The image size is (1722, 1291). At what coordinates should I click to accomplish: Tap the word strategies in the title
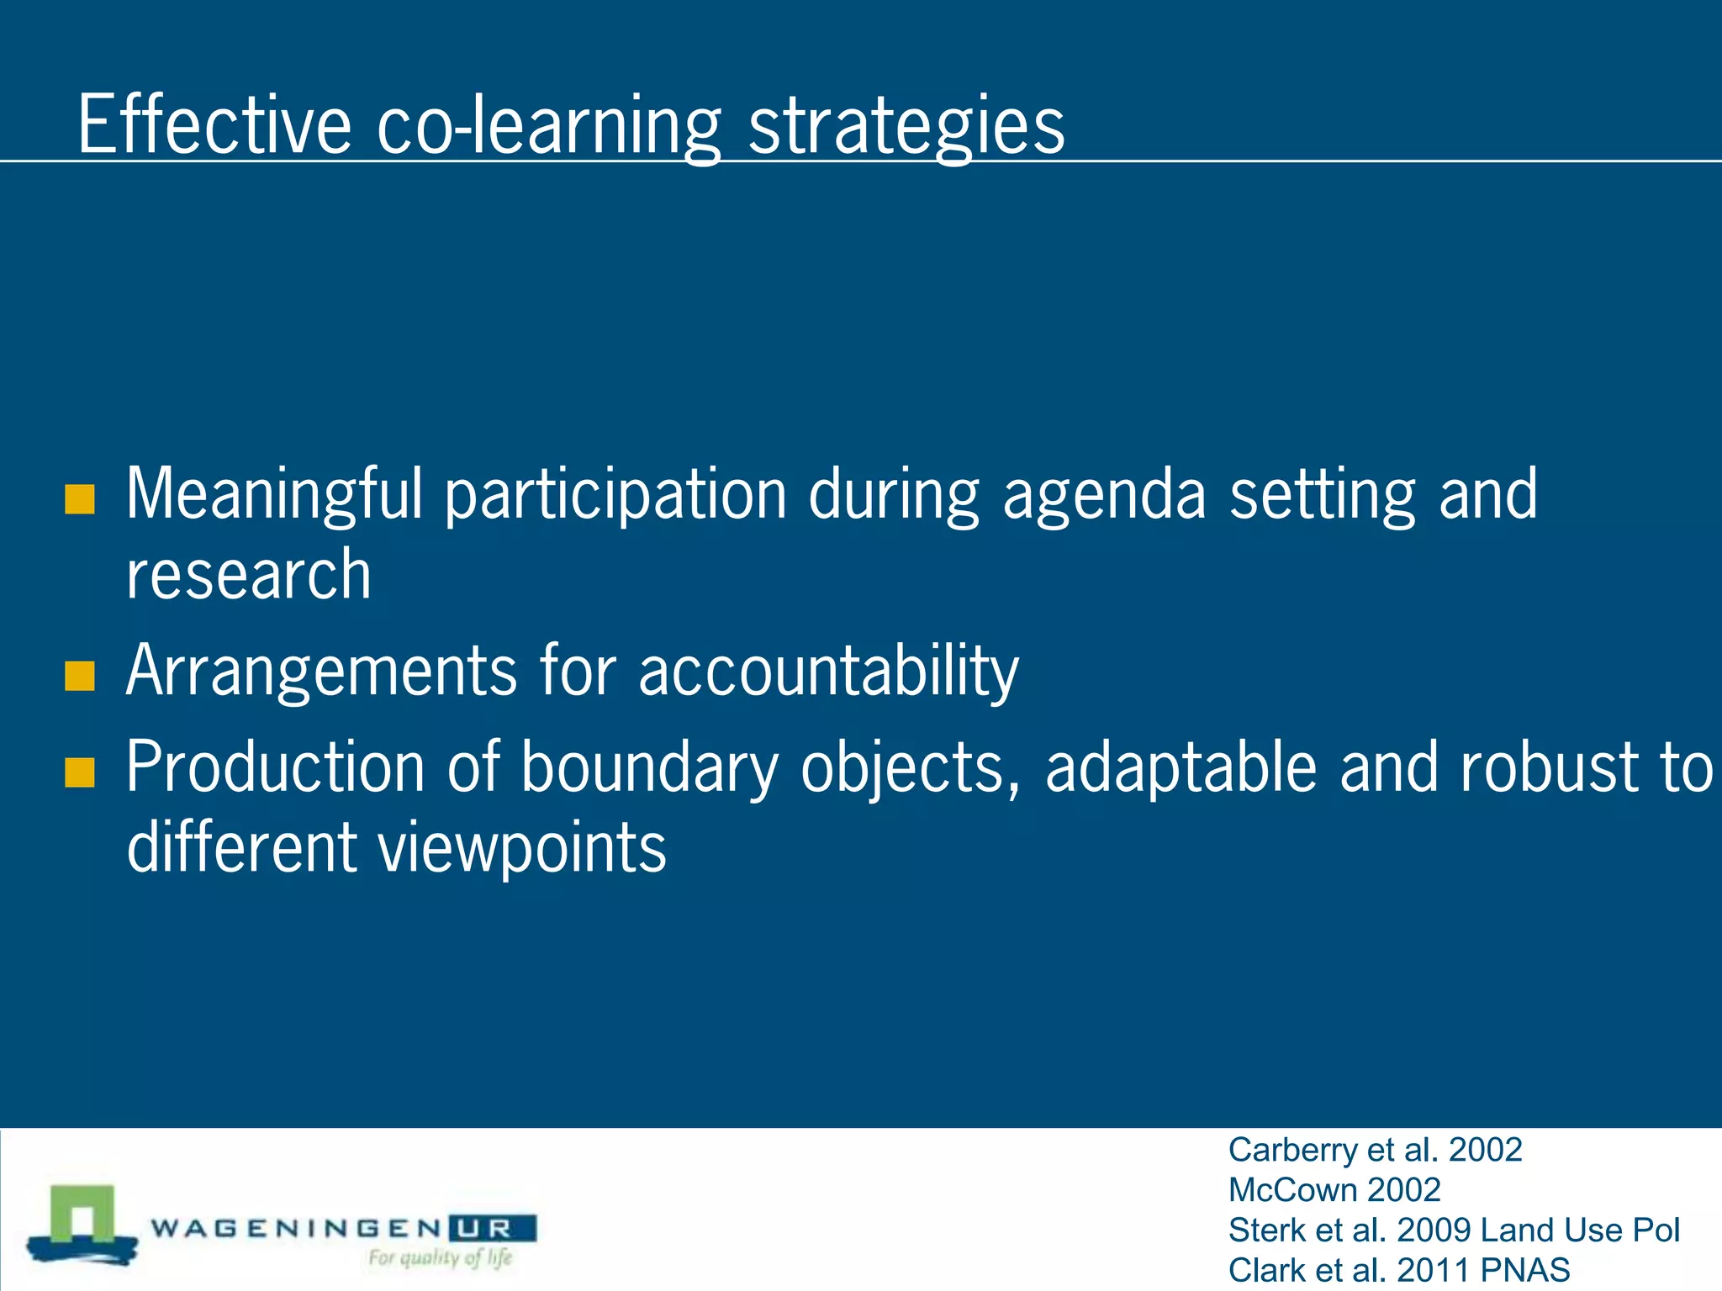(906, 126)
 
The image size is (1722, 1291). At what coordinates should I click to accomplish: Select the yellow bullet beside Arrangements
(79, 676)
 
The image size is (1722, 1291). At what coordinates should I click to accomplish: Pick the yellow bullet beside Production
(79, 772)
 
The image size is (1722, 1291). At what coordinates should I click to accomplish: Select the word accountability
(828, 672)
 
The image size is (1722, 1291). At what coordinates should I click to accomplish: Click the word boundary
(649, 767)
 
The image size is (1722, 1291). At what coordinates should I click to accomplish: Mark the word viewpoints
(522, 847)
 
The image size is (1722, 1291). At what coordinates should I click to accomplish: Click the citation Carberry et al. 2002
(1375, 1150)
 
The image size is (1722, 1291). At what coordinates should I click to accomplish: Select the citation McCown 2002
(1334, 1190)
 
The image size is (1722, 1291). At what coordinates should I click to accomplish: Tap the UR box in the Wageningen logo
(492, 1229)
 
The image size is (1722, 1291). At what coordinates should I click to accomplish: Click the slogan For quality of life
(440, 1258)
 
